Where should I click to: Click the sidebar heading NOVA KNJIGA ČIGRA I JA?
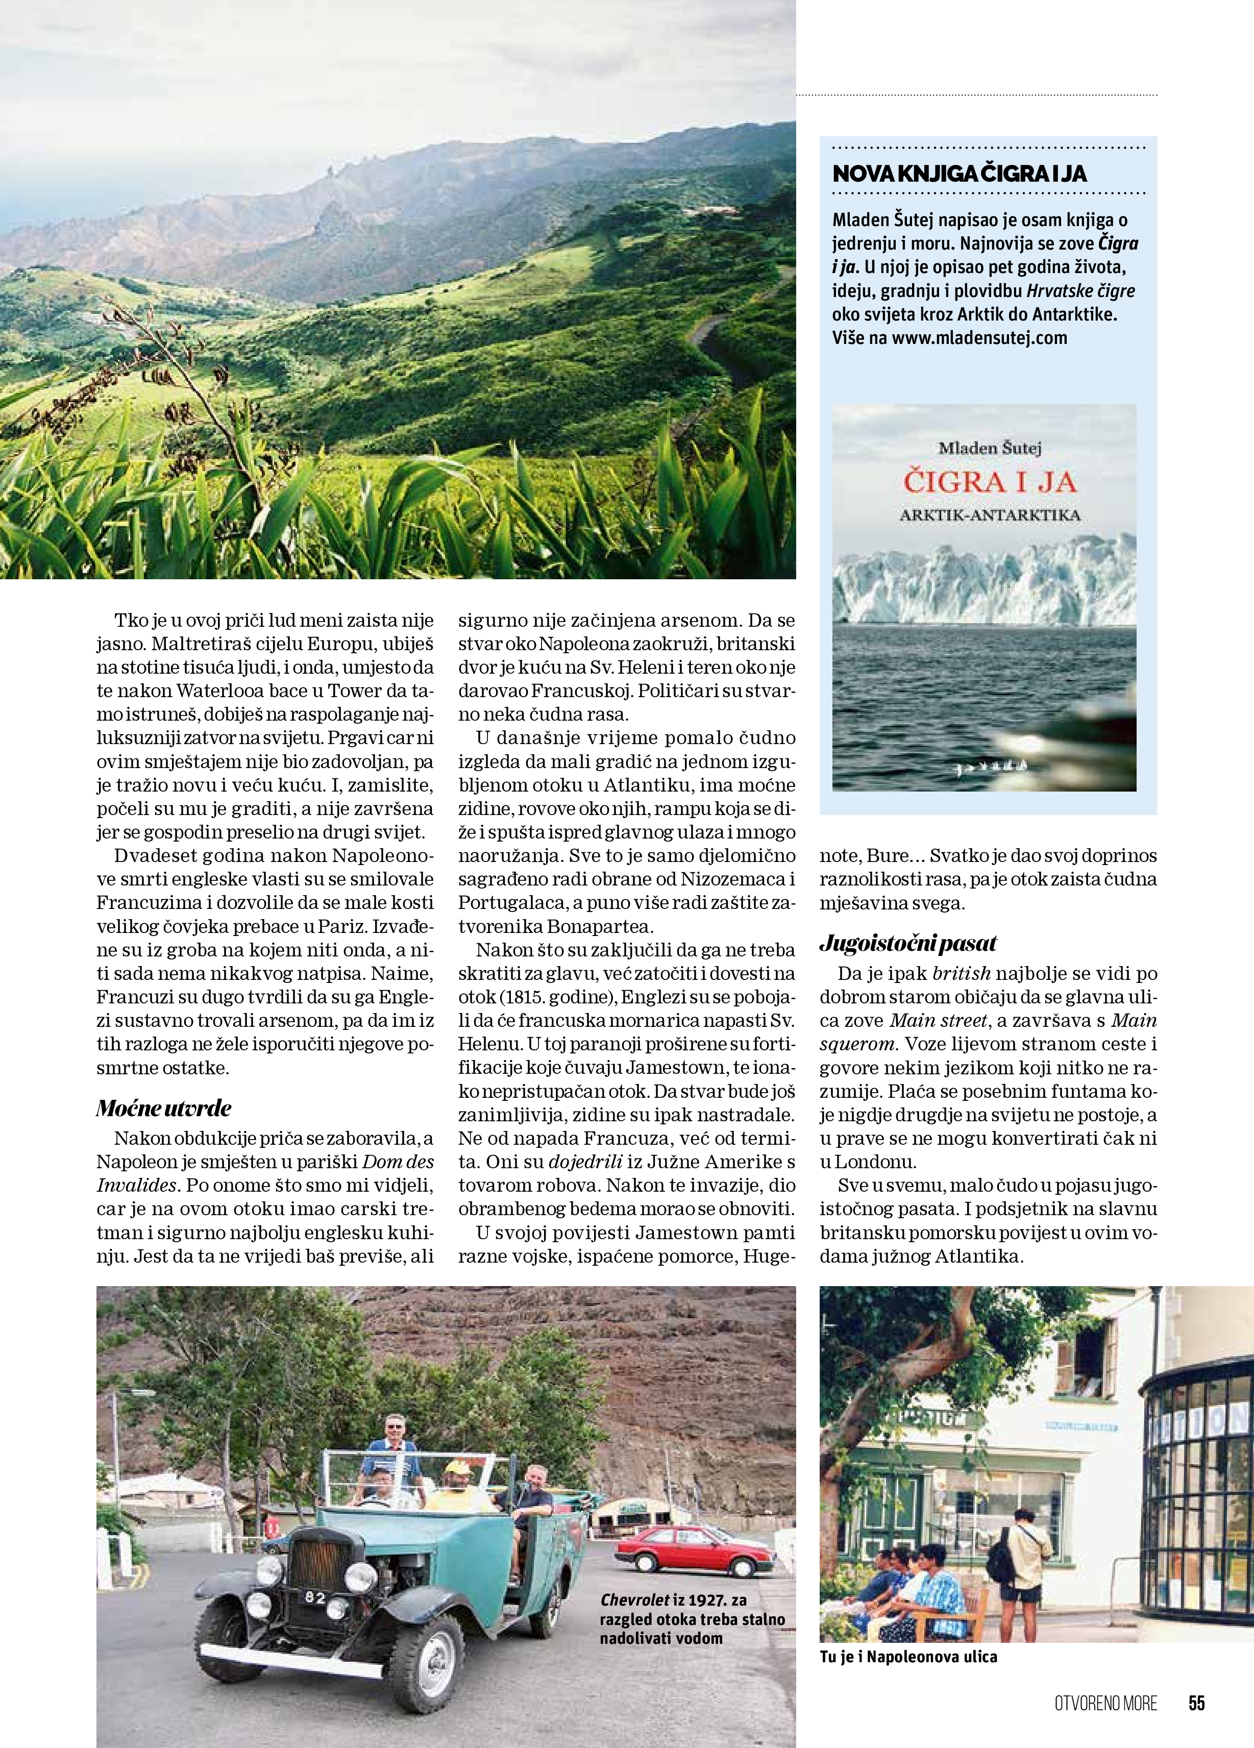[960, 174]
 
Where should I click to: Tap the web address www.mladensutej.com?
[979, 337]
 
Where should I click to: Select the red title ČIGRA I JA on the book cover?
[990, 482]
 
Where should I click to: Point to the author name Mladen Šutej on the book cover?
[990, 447]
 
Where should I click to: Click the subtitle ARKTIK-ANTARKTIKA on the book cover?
[990, 515]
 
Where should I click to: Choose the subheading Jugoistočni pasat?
[908, 943]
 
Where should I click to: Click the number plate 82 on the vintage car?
[314, 1598]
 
